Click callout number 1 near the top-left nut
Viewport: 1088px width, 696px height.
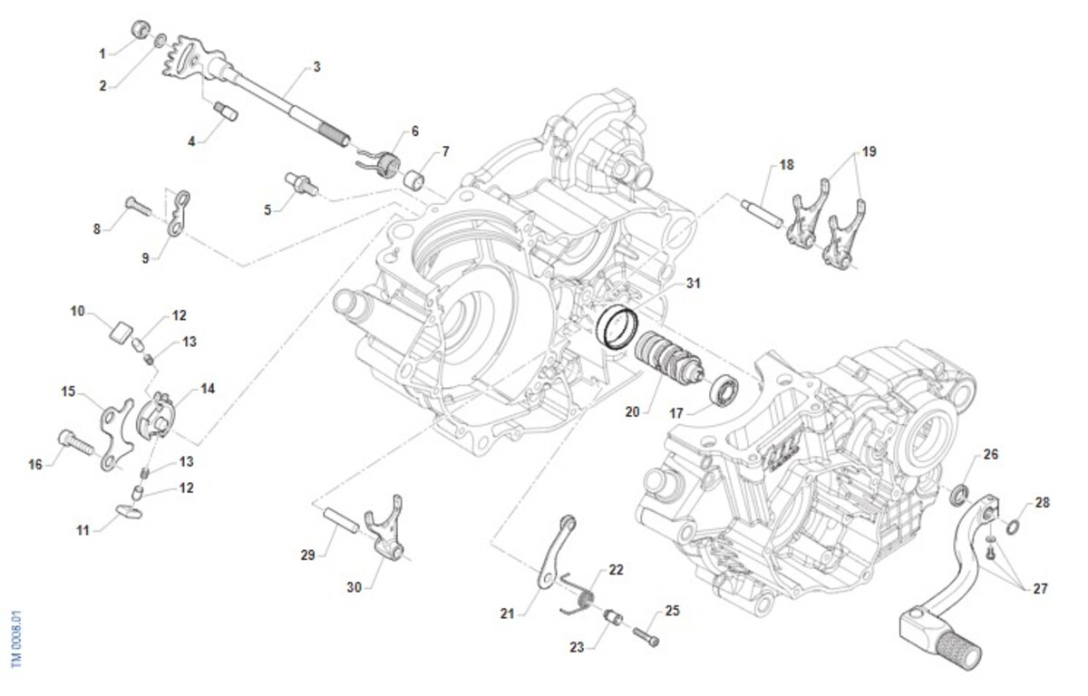(102, 53)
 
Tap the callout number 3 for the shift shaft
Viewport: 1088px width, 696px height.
(316, 66)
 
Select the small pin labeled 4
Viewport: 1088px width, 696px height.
(225, 112)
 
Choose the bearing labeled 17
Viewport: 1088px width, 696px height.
(724, 391)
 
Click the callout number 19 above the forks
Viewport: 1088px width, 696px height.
(869, 152)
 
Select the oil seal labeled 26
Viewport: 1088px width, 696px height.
(958, 495)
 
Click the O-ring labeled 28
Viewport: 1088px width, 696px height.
(1013, 527)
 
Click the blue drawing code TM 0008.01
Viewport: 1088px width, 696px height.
(15, 638)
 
